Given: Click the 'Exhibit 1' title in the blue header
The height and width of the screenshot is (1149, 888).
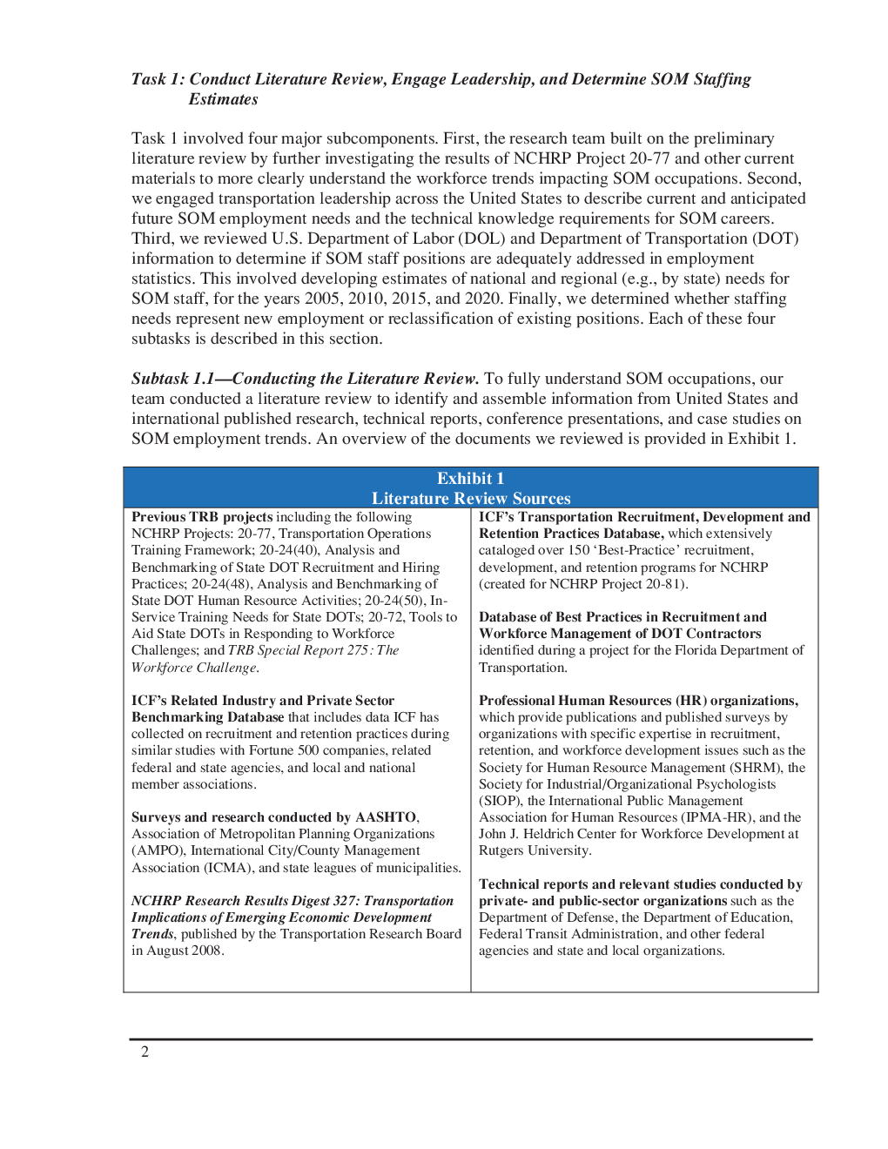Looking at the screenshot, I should tap(470, 478).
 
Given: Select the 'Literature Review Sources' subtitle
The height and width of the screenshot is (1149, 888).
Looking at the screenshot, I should tap(470, 498).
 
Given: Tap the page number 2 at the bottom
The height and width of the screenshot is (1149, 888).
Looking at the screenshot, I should tap(145, 1052).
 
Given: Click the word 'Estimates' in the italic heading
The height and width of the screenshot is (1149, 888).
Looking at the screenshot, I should tap(223, 99).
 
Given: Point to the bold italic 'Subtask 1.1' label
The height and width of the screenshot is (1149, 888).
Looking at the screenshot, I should tap(172, 379).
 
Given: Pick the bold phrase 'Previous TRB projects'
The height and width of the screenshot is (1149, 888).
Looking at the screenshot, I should tap(202, 517).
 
